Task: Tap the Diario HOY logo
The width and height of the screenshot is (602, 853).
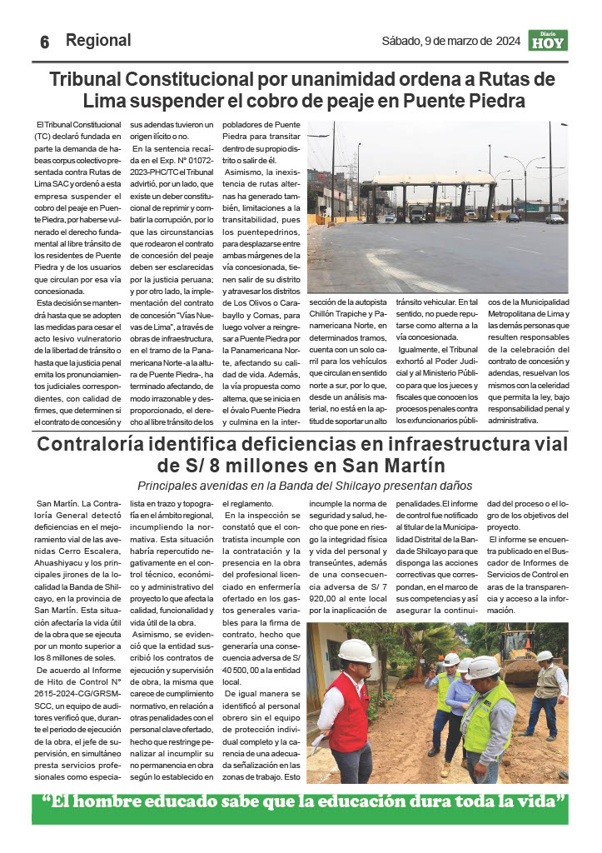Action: tap(547, 40)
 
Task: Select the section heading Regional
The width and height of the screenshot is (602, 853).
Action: tap(98, 40)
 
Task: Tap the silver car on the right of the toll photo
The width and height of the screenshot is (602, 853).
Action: tap(555, 219)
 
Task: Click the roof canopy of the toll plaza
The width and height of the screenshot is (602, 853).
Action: tap(433, 179)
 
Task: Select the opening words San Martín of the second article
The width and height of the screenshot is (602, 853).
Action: tap(57, 504)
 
